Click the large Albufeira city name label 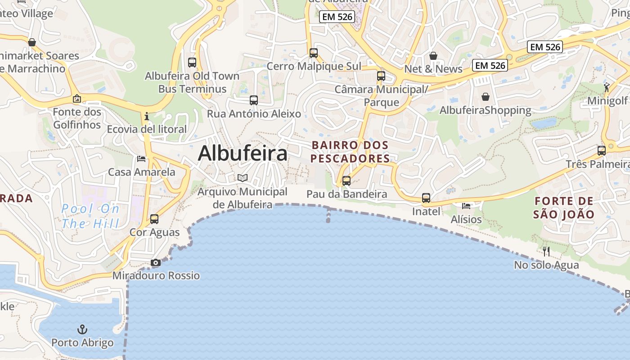click(x=243, y=153)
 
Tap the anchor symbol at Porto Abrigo click(x=82, y=330)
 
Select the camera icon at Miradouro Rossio click(x=156, y=262)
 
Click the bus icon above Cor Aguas click(x=154, y=219)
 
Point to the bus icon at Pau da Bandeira click(x=346, y=181)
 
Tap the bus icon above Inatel click(x=426, y=198)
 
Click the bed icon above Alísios click(x=466, y=206)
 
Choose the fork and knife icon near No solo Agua click(x=546, y=251)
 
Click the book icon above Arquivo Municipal click(x=243, y=178)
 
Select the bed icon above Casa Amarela click(x=141, y=159)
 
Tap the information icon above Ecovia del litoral click(x=147, y=117)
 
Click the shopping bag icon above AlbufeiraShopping click(x=486, y=97)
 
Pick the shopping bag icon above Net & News click(x=433, y=56)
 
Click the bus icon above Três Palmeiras click(x=602, y=151)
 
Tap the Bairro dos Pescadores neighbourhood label click(x=350, y=152)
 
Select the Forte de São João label click(x=563, y=207)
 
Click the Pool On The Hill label click(x=90, y=216)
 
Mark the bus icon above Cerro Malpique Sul click(x=314, y=53)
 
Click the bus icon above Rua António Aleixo click(x=254, y=100)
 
